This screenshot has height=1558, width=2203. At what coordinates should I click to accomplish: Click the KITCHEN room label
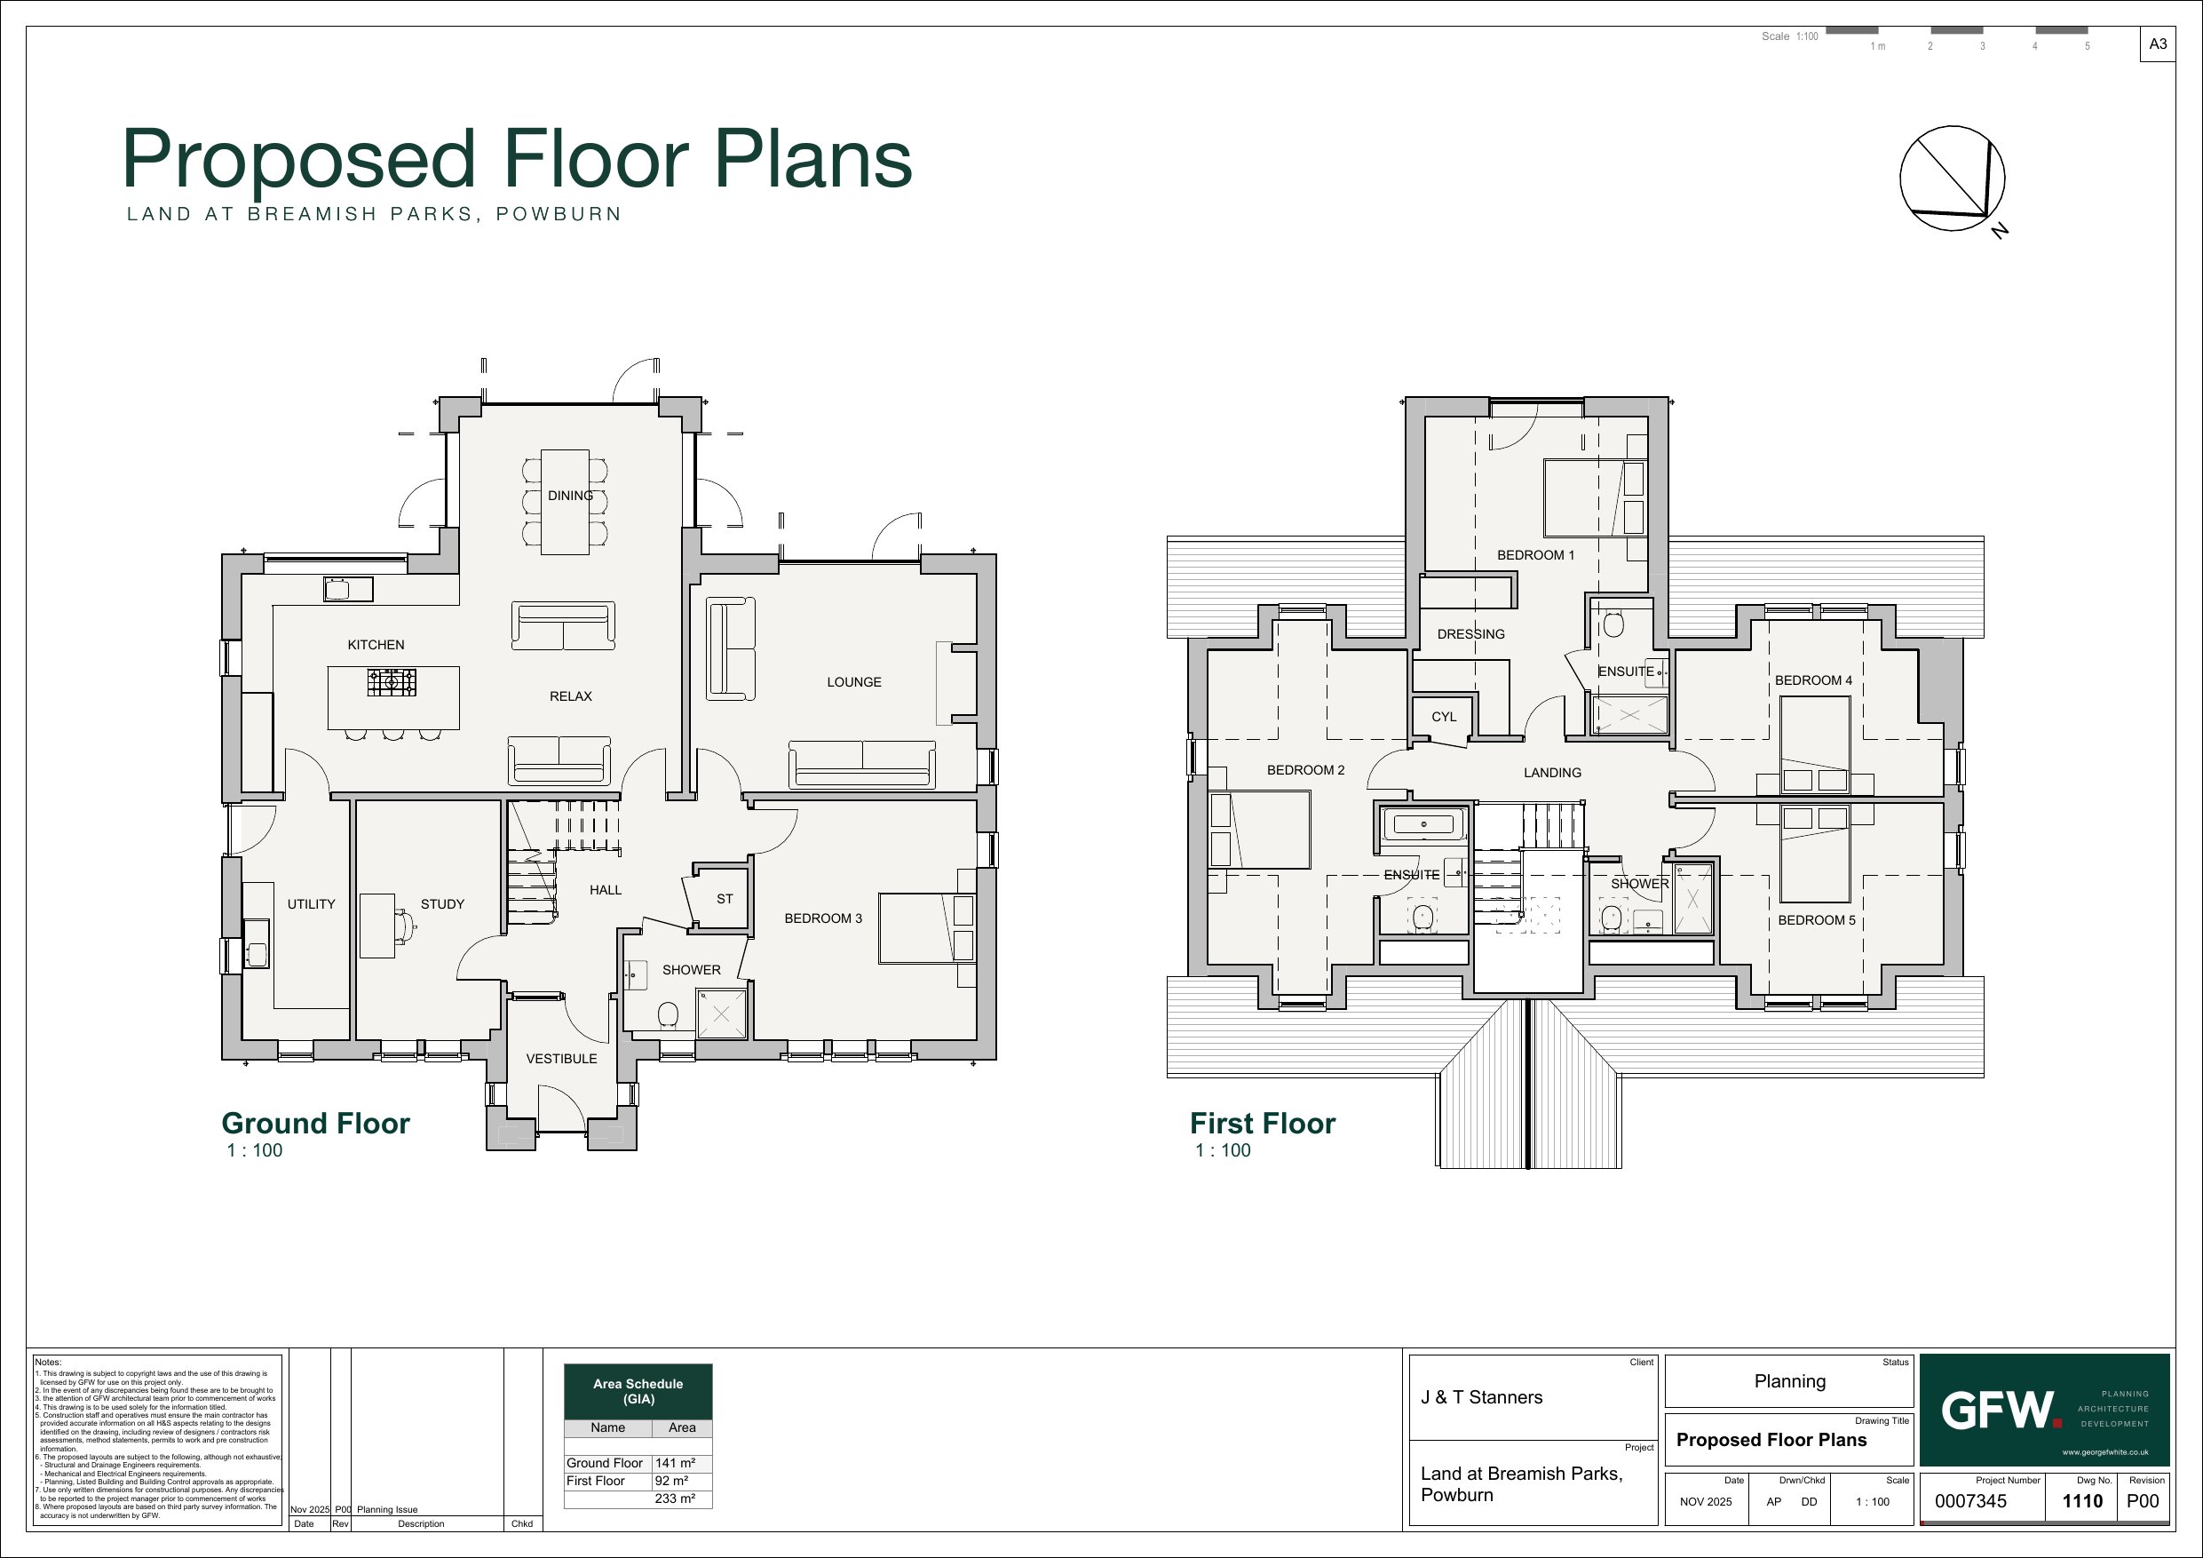376,645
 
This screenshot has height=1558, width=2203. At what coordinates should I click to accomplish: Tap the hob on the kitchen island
392,682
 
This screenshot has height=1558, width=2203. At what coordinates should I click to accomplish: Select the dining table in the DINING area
565,502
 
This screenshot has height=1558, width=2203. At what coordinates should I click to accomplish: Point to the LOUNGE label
854,682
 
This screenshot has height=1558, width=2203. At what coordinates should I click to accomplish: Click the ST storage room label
725,900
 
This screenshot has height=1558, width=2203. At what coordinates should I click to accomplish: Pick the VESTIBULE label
561,1059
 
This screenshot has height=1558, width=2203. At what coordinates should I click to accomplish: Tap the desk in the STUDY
377,926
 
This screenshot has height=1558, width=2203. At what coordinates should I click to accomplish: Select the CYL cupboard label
1444,717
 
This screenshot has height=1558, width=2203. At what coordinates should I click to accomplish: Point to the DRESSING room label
1471,634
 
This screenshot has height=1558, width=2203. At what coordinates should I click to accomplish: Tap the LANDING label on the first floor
1552,773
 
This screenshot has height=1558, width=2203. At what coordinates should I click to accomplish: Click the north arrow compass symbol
1953,179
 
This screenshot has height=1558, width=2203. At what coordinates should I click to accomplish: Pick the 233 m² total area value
676,1498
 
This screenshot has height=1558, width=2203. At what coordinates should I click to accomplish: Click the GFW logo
2001,1411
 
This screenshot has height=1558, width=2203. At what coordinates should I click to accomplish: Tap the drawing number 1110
2082,1501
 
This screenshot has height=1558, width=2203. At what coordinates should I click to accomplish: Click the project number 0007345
1969,1501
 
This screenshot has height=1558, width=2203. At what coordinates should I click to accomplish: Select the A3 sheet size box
2158,44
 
